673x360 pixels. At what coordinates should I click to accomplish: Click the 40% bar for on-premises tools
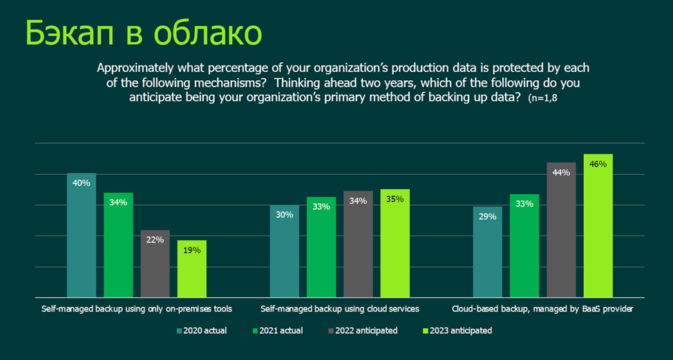pyautogui.click(x=82, y=235)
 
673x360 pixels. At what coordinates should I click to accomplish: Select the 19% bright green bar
pyautogui.click(x=192, y=269)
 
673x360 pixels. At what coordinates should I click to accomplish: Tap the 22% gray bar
pyautogui.click(x=155, y=263)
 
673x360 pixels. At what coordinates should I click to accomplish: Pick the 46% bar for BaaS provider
pyautogui.click(x=598, y=225)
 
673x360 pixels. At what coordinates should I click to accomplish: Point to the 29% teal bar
pyautogui.click(x=487, y=252)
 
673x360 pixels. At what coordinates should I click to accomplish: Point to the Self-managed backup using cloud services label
pyautogui.click(x=339, y=308)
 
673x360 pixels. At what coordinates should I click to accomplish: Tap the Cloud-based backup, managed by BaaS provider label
pyautogui.click(x=542, y=308)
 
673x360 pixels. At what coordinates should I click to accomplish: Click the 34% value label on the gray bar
pyautogui.click(x=358, y=201)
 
